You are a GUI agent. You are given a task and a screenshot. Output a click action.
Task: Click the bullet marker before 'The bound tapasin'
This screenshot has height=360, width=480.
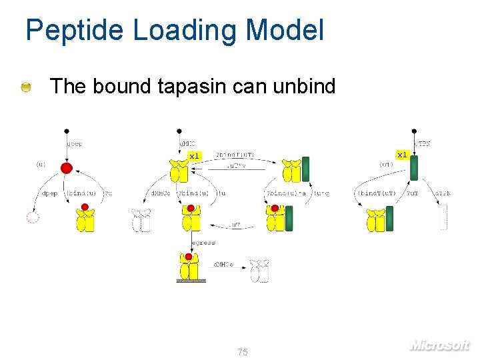[25, 87]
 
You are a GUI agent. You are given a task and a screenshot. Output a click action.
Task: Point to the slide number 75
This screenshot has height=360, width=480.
[242, 351]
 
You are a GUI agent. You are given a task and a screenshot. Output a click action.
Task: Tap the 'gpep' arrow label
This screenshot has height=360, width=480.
[75, 143]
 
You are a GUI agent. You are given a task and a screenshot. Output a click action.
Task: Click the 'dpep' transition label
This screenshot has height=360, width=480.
[49, 193]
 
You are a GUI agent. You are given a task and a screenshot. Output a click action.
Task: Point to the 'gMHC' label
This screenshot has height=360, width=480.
[187, 143]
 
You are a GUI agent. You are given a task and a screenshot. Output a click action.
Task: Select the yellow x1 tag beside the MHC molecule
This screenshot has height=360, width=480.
[193, 156]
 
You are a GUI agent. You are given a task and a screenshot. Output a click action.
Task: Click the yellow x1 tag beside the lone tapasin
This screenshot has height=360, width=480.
[401, 155]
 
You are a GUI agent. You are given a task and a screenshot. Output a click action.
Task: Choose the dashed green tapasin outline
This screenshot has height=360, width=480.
[443, 218]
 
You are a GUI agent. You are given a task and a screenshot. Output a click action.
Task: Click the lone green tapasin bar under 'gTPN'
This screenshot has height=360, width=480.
[413, 167]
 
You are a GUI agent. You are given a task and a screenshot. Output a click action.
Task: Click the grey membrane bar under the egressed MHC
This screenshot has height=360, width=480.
[191, 281]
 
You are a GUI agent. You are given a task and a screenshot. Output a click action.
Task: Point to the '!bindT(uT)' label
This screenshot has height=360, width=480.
[377, 193]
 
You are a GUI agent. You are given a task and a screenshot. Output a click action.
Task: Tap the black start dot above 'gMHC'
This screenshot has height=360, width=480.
[179, 131]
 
